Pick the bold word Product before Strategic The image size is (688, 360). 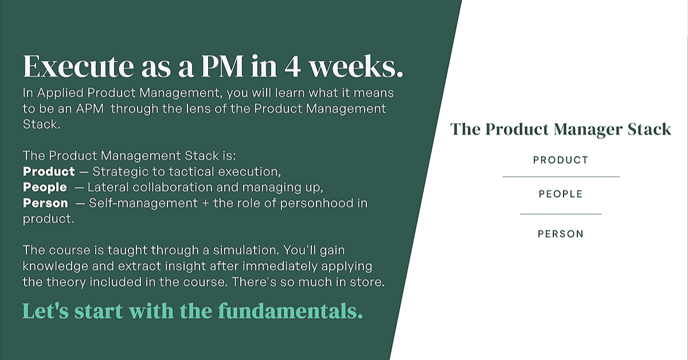49,171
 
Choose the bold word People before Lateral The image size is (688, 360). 45,187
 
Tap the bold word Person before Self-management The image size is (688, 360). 45,203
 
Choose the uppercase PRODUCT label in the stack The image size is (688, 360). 561,160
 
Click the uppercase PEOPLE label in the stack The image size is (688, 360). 561,194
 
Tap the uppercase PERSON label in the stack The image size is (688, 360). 561,234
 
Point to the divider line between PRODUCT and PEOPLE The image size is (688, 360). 561,177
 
